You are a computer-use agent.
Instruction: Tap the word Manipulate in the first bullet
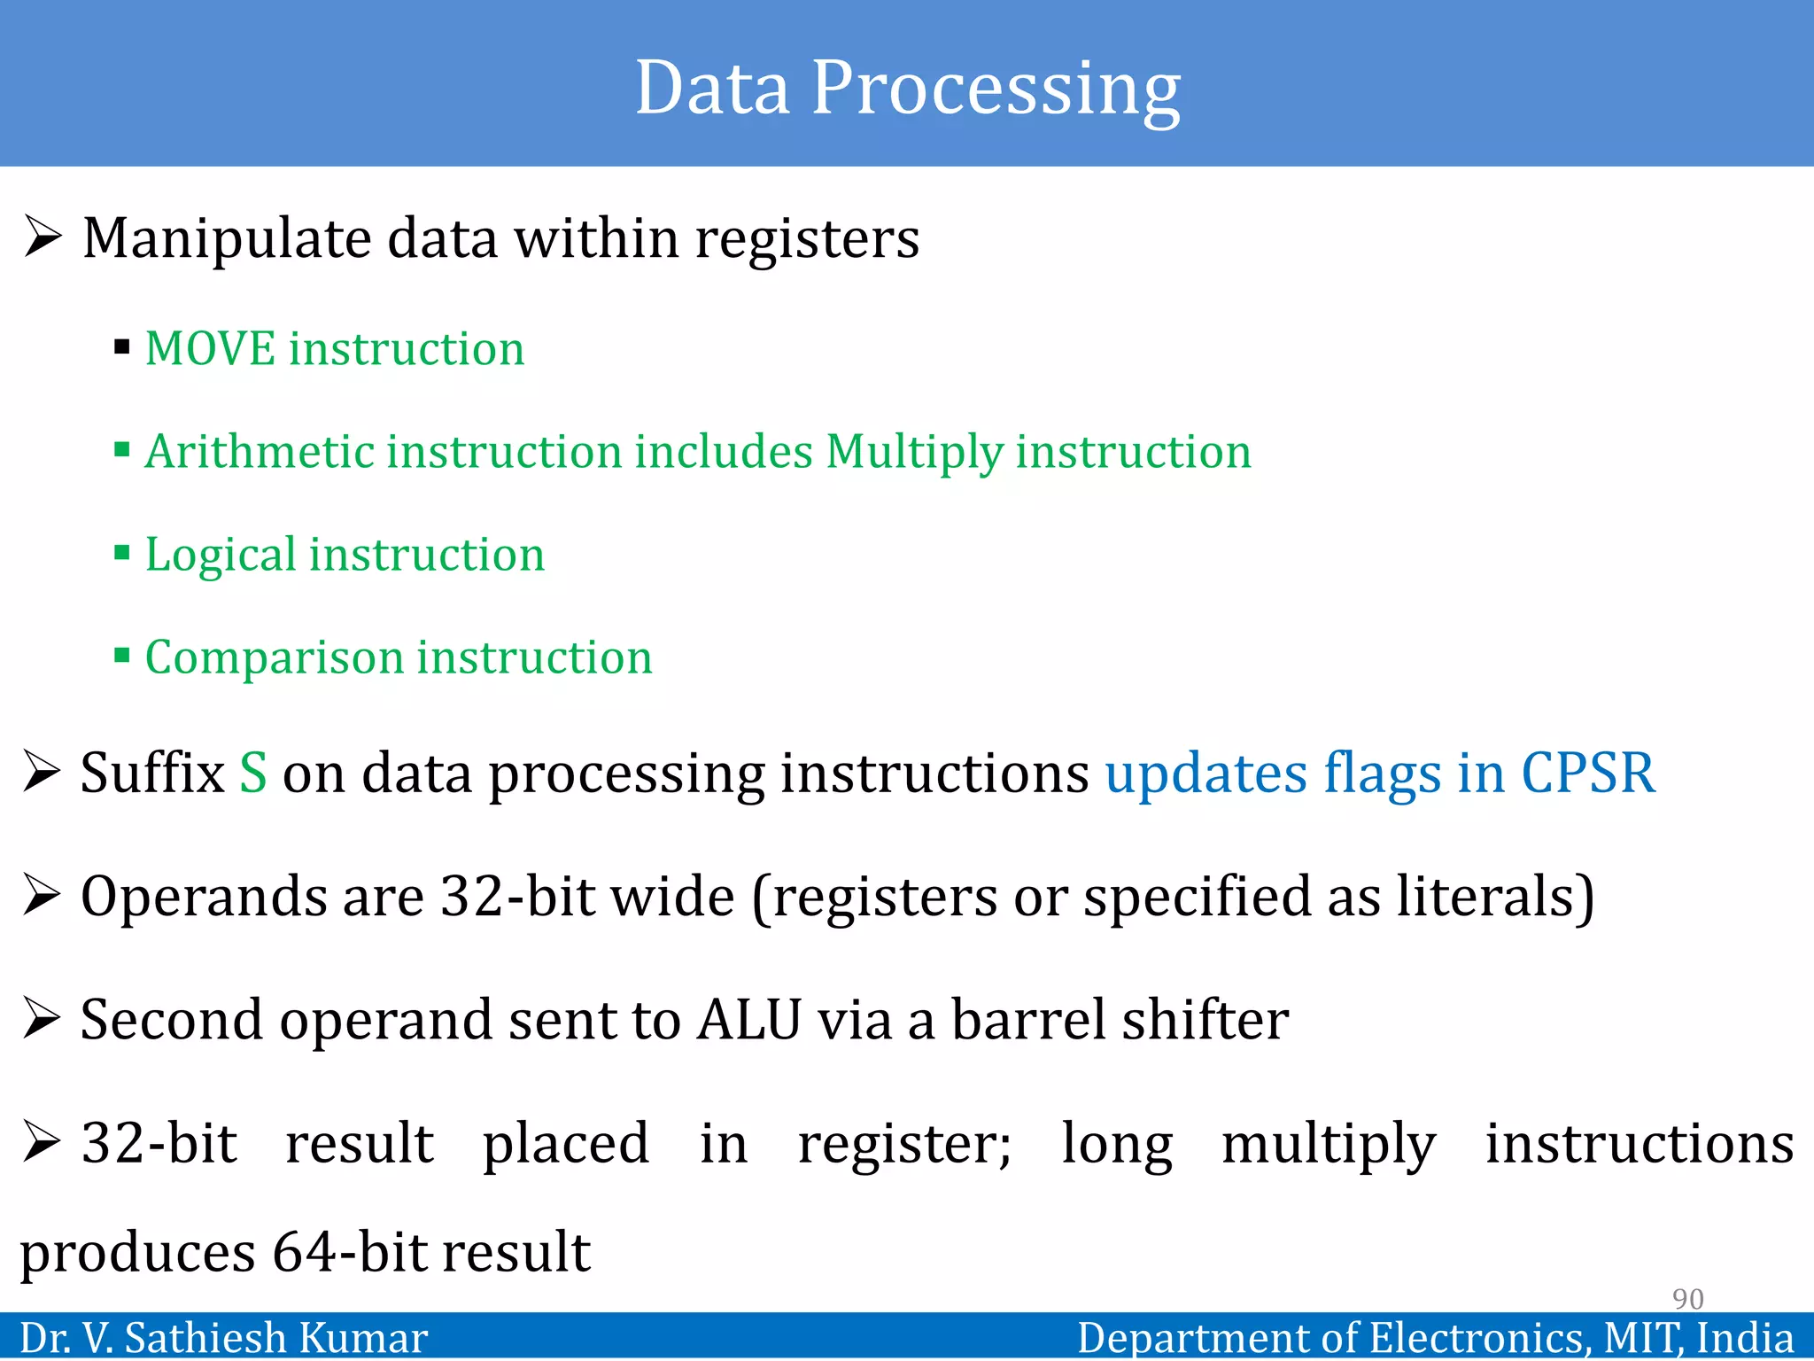pos(227,239)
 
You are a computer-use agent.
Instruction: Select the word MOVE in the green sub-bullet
pos(210,348)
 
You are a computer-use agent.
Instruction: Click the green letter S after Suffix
pos(253,773)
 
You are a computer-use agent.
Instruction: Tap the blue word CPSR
pos(1587,773)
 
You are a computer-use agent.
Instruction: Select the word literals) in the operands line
pos(1495,897)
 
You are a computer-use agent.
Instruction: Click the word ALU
pos(749,1020)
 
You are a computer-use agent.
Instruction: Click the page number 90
pos(1687,1299)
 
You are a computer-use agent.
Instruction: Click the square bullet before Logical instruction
pos(122,553)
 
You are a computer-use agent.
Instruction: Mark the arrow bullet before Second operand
pos(42,1018)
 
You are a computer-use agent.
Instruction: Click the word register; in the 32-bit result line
pos(904,1144)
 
